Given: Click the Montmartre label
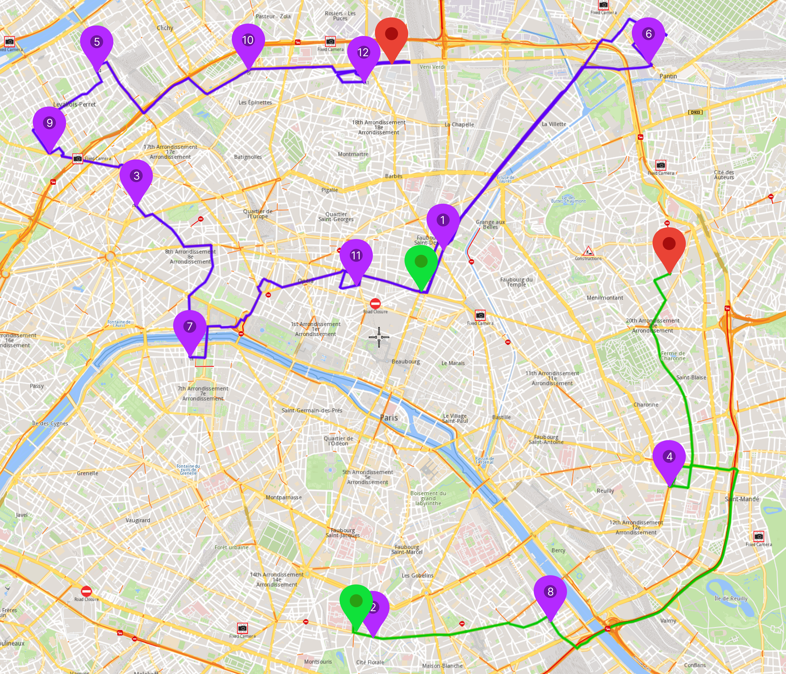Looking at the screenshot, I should [x=353, y=154].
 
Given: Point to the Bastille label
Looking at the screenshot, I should [x=501, y=417].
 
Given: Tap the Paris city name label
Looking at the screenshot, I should [x=389, y=417].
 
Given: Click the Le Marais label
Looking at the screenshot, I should [x=453, y=363].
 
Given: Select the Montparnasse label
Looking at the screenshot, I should [x=284, y=497].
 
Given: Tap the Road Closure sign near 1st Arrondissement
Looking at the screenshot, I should [x=375, y=304].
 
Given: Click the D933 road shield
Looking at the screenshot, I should [x=695, y=112].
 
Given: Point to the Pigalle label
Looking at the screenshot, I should [x=329, y=190].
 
